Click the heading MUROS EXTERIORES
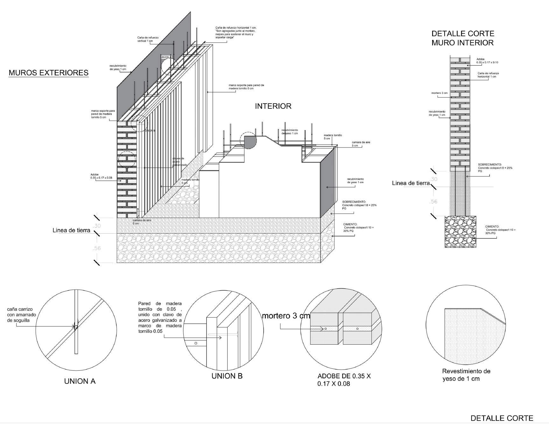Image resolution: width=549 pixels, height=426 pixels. click(x=48, y=73)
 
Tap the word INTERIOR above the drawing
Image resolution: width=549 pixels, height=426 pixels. click(x=273, y=106)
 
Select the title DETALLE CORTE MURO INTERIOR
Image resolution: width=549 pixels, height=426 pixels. click(x=462, y=38)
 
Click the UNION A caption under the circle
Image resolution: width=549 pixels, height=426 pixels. click(x=80, y=381)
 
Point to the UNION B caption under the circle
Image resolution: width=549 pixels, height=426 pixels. click(x=227, y=376)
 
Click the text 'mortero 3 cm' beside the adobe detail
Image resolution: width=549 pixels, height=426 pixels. click(x=285, y=316)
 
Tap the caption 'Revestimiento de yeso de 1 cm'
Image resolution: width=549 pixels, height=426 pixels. click(x=466, y=375)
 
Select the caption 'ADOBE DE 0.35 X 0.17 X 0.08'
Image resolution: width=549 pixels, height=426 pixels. click(x=344, y=380)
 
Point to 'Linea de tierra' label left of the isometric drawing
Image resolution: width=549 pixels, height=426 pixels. click(x=71, y=230)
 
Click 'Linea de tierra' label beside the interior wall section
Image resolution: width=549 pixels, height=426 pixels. click(x=411, y=183)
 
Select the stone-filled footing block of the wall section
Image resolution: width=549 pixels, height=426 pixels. click(x=460, y=231)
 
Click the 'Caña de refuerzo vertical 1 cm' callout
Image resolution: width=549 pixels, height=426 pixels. click(x=148, y=39)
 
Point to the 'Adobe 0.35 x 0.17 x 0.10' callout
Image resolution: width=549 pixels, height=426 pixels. click(x=487, y=61)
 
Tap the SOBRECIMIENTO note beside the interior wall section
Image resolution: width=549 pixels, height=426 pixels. click(x=495, y=168)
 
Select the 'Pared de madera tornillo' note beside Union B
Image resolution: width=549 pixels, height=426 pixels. click(x=160, y=317)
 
